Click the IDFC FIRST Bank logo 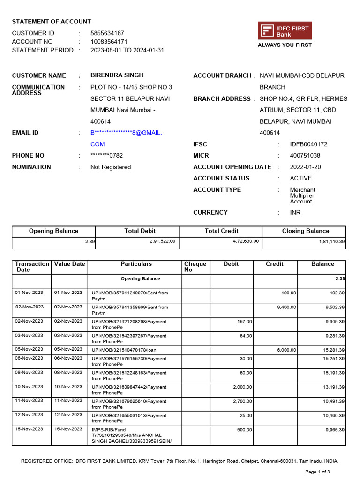point(285,31)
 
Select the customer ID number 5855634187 point(107,33)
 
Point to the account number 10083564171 point(109,42)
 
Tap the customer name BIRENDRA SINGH point(117,75)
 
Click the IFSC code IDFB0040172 point(308,144)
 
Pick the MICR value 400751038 point(305,156)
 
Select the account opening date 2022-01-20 point(305,167)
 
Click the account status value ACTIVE point(300,178)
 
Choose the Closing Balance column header point(305,231)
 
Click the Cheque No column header point(195,267)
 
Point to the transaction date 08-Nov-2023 point(29,373)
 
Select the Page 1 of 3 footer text point(317,472)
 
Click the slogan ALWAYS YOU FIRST point(285,45)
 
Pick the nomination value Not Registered point(111,167)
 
